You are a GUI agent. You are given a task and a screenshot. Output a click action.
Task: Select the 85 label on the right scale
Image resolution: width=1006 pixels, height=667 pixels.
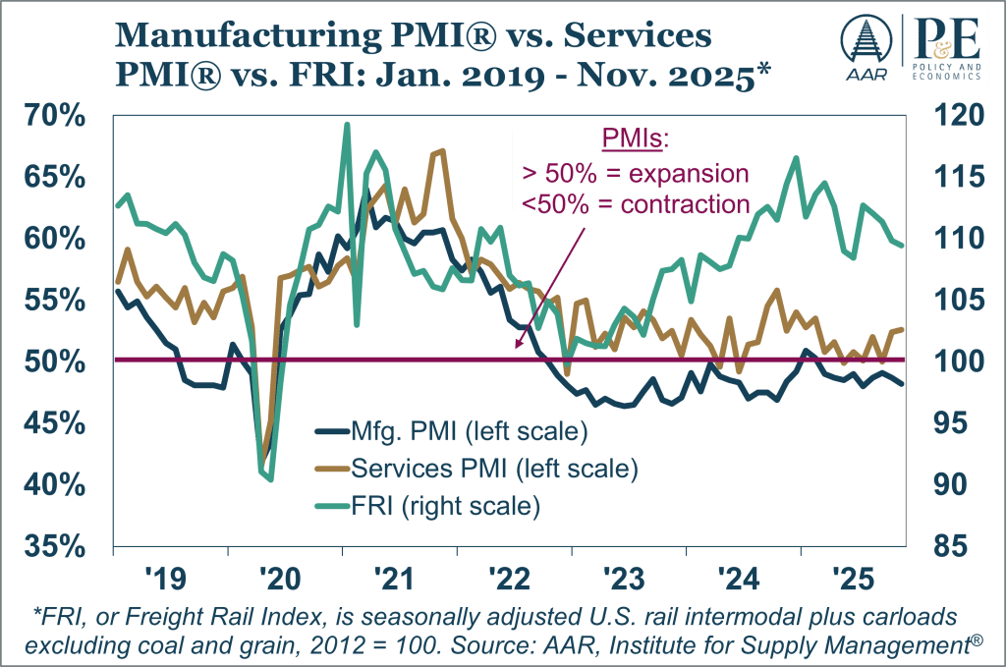(952, 546)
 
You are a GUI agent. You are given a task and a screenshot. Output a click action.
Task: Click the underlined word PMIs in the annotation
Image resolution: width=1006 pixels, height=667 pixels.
(635, 140)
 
